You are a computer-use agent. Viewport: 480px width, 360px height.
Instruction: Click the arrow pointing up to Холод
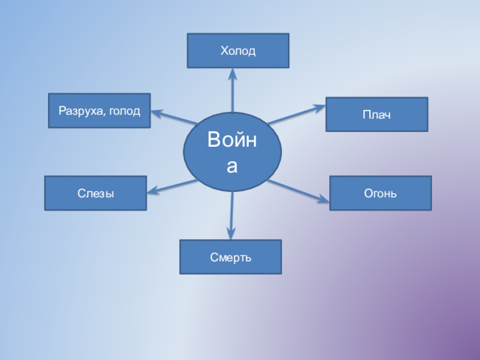[233, 90]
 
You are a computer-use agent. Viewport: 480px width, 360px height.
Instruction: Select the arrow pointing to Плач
[294, 115]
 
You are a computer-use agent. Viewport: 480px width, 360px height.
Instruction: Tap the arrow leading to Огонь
[298, 191]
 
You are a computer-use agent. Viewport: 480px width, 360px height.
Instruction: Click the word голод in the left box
[126, 111]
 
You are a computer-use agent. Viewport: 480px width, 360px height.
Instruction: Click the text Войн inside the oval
[232, 141]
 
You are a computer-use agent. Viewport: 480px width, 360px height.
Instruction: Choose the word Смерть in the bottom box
[230, 257]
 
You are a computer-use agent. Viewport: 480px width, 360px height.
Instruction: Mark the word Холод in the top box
[238, 52]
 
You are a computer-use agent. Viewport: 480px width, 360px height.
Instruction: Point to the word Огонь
[380, 194]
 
